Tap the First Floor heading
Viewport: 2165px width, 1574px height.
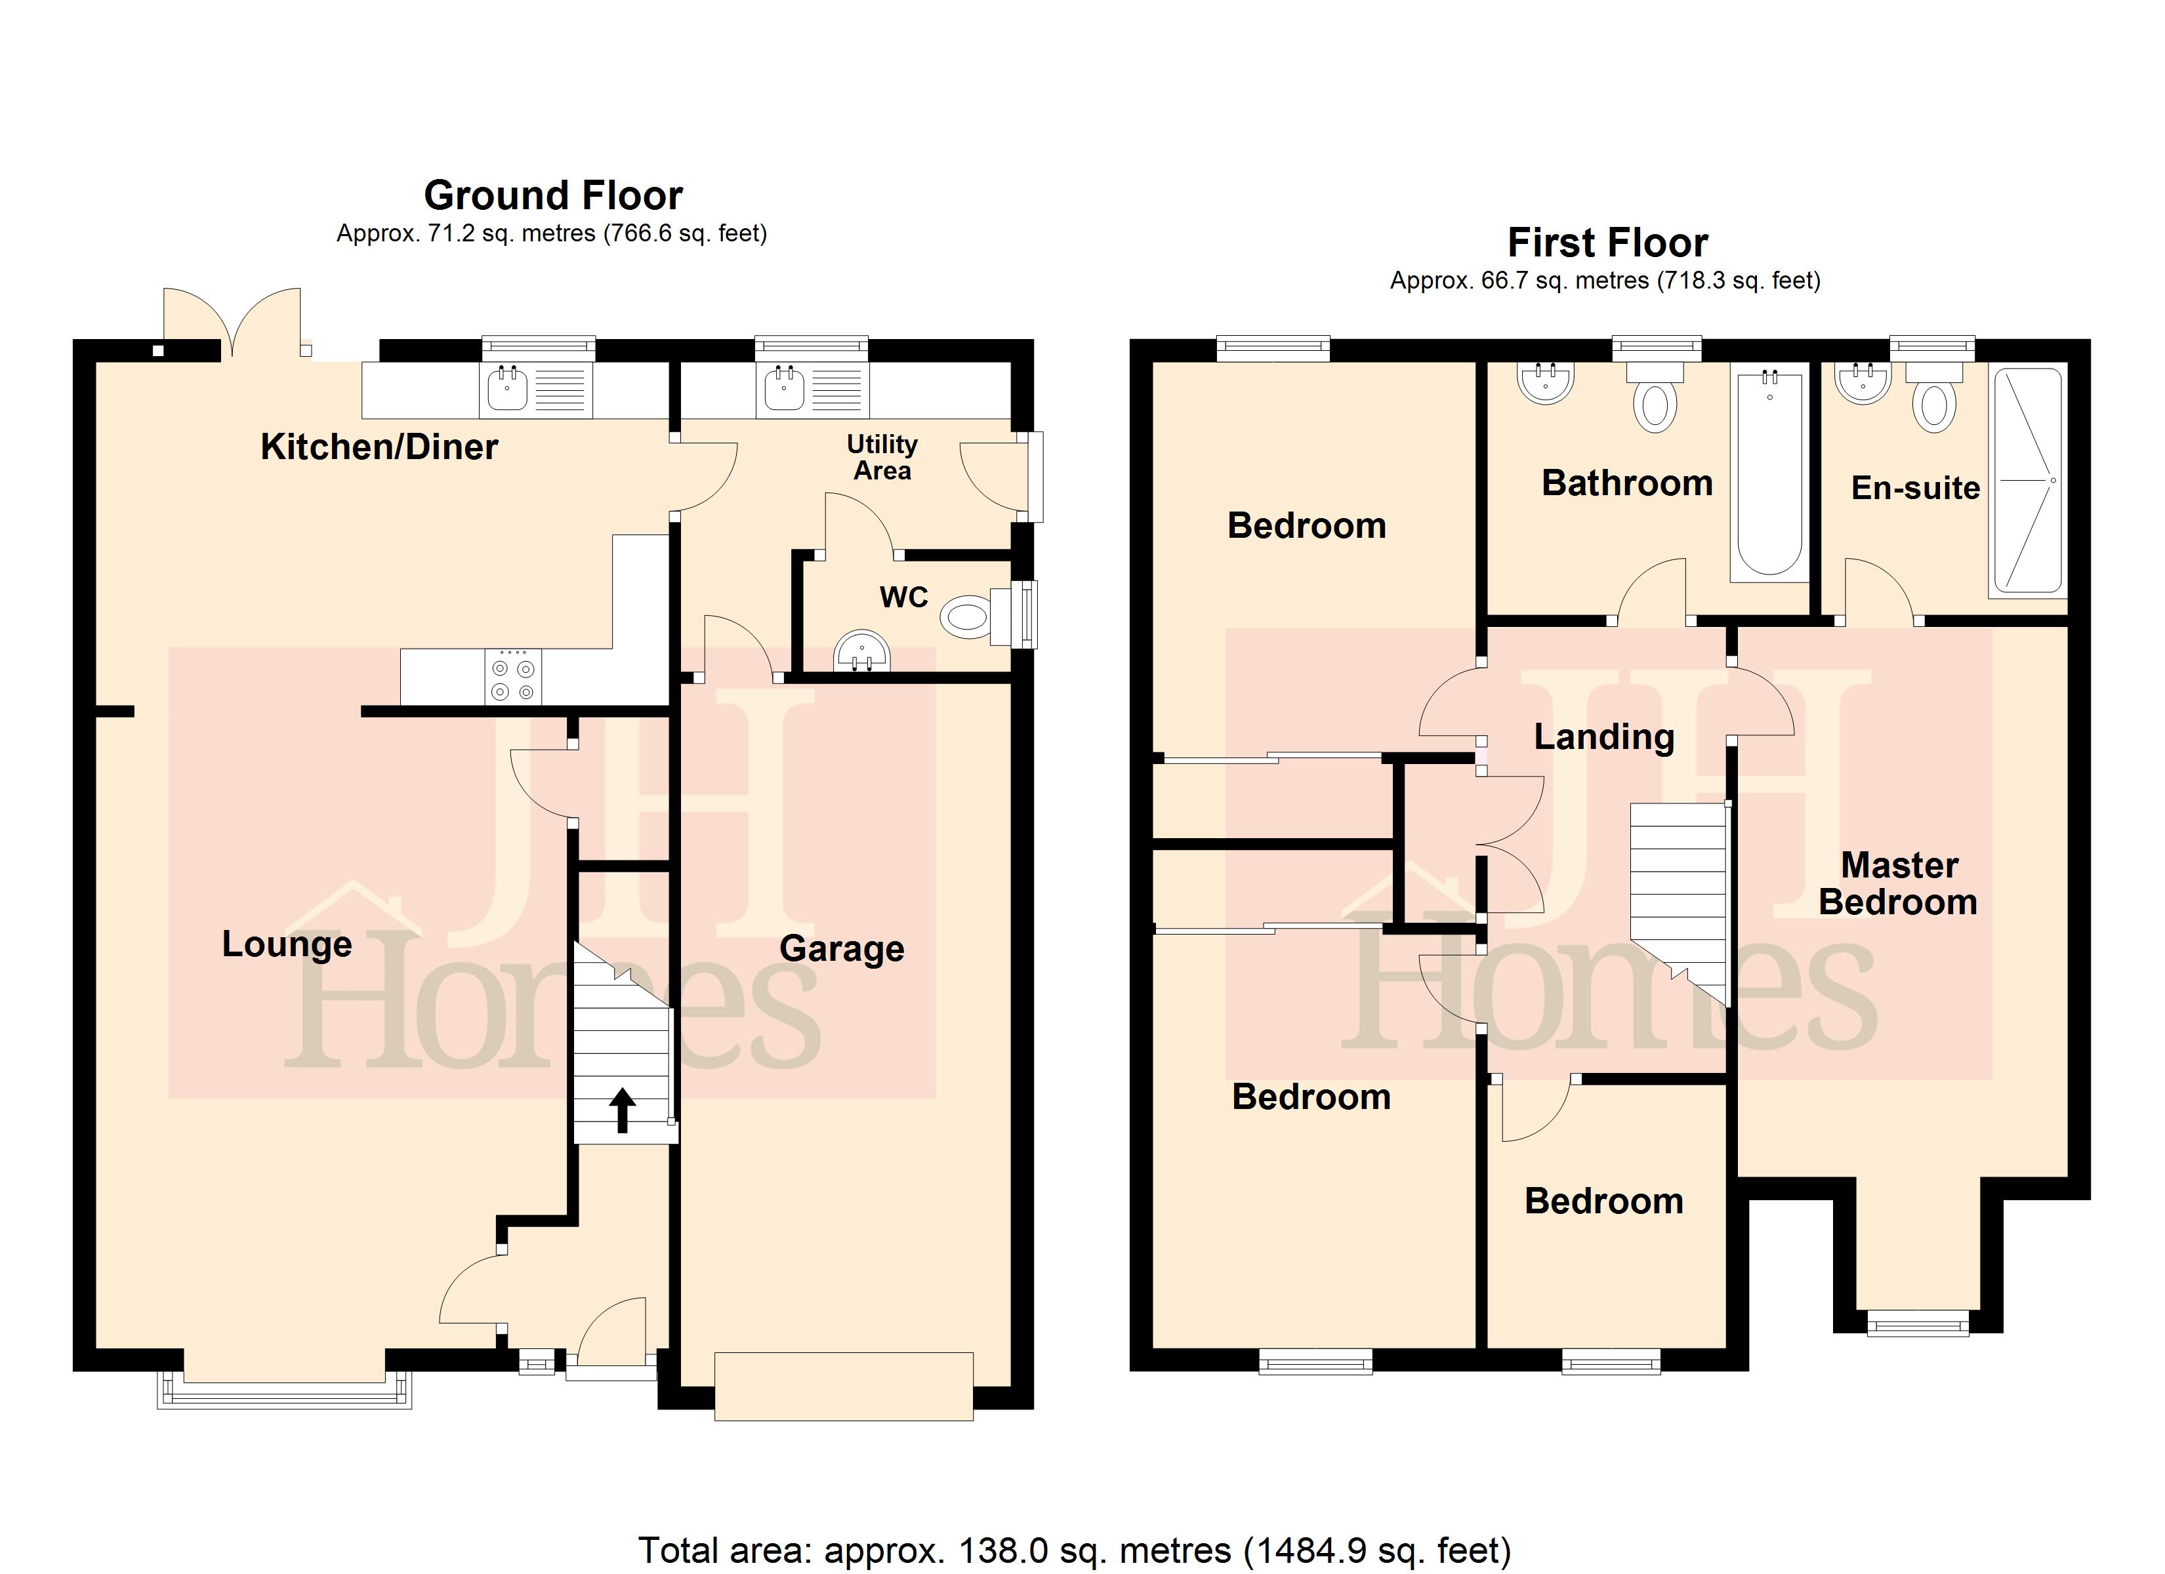tap(1607, 243)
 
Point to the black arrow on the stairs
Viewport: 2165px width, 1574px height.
tap(623, 1110)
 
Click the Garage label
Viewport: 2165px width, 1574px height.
tap(842, 949)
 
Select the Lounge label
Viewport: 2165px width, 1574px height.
tap(287, 944)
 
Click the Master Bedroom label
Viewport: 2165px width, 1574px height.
tap(1898, 883)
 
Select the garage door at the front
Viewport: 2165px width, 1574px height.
tap(844, 1386)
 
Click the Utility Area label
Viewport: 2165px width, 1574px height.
tap(882, 457)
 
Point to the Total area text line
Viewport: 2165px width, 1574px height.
tap(1075, 1550)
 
